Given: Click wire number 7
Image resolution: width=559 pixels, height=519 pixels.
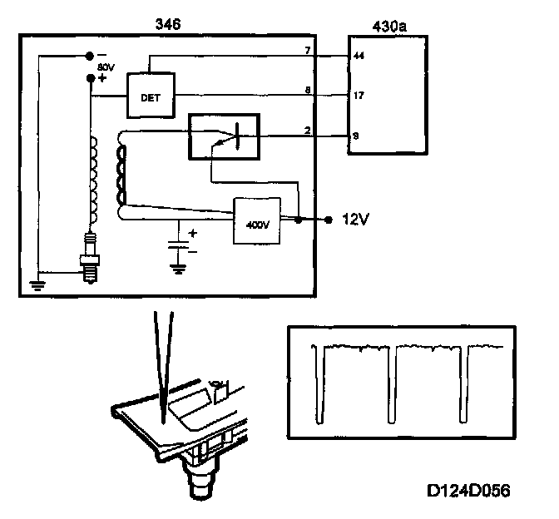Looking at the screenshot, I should (x=308, y=51).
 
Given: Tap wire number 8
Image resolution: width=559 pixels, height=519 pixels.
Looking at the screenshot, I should (x=308, y=89).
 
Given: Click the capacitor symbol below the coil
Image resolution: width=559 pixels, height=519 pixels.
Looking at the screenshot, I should (x=176, y=245).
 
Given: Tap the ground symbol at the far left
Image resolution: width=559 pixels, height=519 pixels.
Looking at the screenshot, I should (x=36, y=285).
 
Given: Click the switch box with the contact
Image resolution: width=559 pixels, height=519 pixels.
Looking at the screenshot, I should (x=223, y=135).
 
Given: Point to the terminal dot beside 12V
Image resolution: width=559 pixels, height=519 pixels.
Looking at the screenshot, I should (x=329, y=220).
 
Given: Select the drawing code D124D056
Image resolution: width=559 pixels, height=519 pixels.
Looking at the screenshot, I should (x=467, y=491).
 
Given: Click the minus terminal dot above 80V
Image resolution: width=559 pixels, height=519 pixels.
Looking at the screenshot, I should (x=90, y=57).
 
